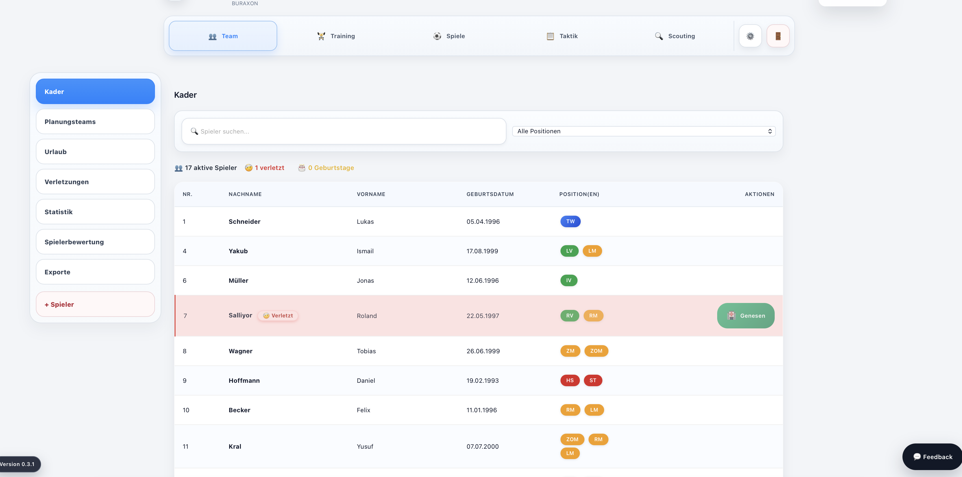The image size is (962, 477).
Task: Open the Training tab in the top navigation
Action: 336,36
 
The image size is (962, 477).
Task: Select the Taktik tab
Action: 562,36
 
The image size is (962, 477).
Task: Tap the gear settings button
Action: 750,36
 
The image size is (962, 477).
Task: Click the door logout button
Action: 778,36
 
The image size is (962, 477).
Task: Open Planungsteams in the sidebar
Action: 95,122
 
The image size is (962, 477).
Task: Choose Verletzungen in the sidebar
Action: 95,182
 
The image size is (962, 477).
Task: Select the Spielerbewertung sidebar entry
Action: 95,242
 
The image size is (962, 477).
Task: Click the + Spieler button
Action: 95,304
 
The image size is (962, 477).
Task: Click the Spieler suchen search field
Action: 344,131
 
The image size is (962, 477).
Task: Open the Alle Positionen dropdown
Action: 644,131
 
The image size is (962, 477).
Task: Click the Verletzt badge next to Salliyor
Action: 278,316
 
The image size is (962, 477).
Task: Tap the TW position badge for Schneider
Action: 570,221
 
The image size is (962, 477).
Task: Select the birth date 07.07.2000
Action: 482,447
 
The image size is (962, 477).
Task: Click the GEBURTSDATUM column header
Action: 490,194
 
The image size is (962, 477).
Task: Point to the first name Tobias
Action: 366,351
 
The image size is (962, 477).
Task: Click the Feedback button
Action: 932,457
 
